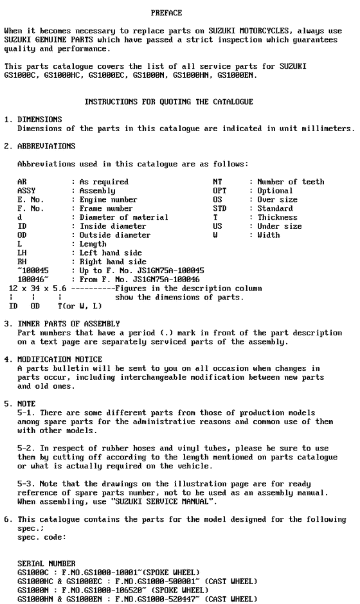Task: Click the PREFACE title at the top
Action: point(166,13)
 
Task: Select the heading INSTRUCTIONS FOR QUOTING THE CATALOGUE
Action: point(169,102)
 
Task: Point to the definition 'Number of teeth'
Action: point(291,182)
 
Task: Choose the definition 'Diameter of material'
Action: point(123,217)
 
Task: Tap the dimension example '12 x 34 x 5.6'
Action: point(35,289)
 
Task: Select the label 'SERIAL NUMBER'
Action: point(46,564)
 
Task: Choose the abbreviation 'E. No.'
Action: point(30,200)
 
